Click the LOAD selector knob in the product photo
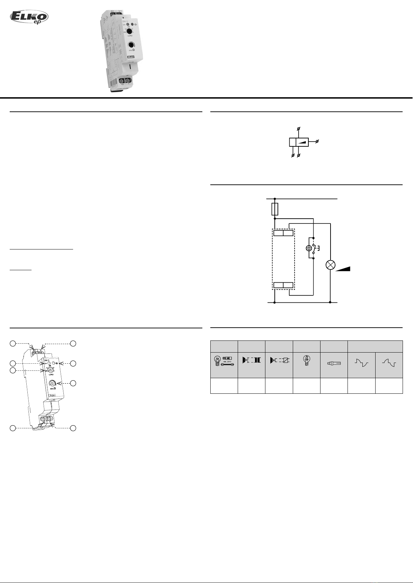(x=128, y=31)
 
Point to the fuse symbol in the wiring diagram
(x=275, y=209)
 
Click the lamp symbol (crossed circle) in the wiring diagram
(x=331, y=265)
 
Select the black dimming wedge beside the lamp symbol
(x=343, y=269)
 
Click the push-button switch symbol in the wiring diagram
(x=313, y=248)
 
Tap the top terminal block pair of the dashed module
(x=283, y=233)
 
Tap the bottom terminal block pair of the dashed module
(x=283, y=286)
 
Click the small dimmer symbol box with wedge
(x=299, y=142)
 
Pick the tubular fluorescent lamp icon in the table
(x=334, y=364)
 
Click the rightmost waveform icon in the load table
(x=389, y=363)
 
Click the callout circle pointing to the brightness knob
(x=73, y=383)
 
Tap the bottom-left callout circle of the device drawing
(x=12, y=428)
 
